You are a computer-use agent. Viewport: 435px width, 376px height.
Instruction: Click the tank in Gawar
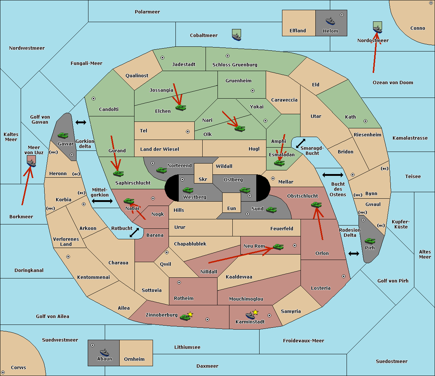tap(63, 135)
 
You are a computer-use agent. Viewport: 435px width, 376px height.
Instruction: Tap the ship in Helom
tap(330, 21)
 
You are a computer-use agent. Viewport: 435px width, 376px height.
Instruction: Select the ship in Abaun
tap(104, 352)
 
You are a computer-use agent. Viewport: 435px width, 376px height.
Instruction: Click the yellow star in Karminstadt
tap(255, 312)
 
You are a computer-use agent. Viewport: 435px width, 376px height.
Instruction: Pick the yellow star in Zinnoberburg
tap(190, 314)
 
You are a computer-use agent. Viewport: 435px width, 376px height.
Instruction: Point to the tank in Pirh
tap(370, 241)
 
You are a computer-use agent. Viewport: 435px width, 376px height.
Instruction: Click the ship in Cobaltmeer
tap(236, 37)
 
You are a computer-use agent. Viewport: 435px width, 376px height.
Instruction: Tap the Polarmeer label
tap(147, 12)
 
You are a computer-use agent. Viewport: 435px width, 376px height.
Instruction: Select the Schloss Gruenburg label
tap(235, 65)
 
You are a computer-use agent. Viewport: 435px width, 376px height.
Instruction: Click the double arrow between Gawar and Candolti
tap(81, 122)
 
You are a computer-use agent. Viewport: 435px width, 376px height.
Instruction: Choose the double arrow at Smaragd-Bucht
tap(301, 143)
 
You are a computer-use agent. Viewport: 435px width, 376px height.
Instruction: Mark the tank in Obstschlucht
tap(316, 204)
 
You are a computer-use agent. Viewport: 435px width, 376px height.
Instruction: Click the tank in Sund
tap(271, 210)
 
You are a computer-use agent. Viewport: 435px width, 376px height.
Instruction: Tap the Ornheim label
tap(134, 359)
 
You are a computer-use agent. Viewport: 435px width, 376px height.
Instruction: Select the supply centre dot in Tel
tap(188, 132)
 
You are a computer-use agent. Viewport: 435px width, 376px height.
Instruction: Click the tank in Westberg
tap(188, 190)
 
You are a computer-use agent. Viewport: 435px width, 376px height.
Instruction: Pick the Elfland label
tap(298, 30)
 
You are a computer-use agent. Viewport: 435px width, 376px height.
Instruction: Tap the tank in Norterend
tap(161, 170)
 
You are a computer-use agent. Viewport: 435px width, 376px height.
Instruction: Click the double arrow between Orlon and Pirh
tap(354, 253)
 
